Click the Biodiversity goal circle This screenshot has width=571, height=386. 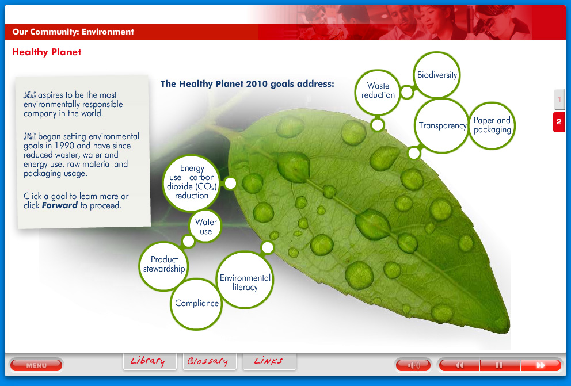pos(437,75)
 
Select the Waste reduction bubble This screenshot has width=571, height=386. pos(378,91)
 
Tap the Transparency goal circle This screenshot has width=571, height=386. pos(442,126)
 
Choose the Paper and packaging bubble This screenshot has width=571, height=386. pos(492,125)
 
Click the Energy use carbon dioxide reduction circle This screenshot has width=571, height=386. pos(192,182)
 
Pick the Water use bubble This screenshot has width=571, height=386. pos(206,227)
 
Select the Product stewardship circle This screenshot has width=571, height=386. pos(164,265)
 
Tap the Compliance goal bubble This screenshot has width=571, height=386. pos(197,303)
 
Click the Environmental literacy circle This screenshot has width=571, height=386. pos(245,282)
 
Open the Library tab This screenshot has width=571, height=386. pos(148,361)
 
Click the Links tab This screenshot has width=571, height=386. pos(269,361)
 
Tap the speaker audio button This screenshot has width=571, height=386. pos(413,365)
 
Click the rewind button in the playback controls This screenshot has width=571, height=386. pos(459,365)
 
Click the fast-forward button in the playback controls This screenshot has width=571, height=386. pos(540,365)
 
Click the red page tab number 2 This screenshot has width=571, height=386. pos(559,122)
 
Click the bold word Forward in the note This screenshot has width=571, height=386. pos(59,205)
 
